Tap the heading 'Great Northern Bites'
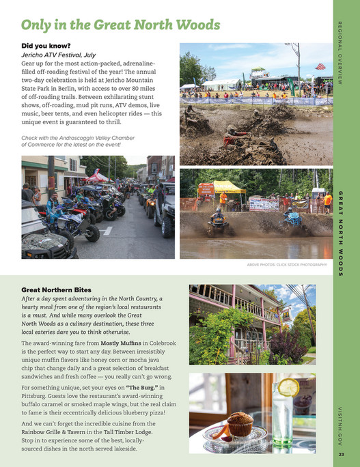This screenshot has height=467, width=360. [57, 289]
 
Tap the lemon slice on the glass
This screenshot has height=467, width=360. [288, 388]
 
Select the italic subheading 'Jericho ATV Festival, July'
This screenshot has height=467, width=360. [61, 55]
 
